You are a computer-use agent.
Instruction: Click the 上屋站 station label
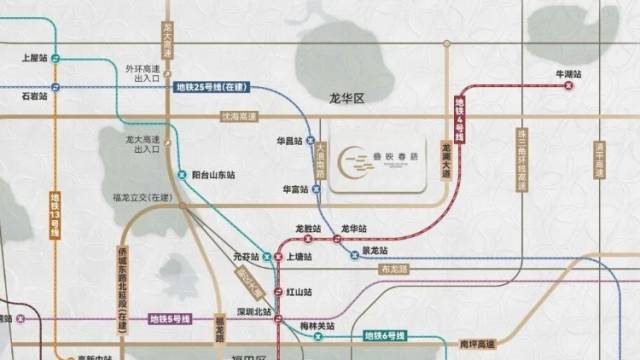[x=35, y=57]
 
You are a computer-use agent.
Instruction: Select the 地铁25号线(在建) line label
[x=212, y=88]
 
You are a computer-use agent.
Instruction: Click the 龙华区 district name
[x=349, y=99]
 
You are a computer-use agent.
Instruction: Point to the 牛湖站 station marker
[x=568, y=86]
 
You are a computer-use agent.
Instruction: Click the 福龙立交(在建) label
[x=146, y=200]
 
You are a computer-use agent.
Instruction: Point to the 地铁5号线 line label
[x=170, y=319]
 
